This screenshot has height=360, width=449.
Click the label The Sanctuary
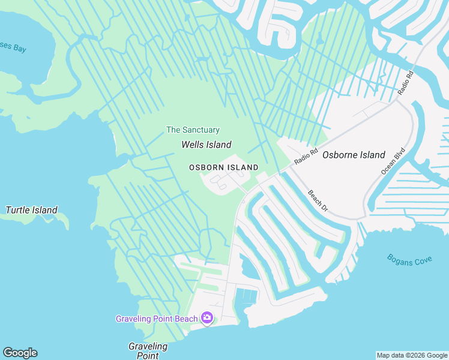[x=193, y=130]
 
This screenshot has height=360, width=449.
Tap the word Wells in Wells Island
[x=192, y=145]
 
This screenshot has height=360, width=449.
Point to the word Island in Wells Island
[x=218, y=145]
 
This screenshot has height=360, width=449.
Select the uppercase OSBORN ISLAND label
[x=224, y=167]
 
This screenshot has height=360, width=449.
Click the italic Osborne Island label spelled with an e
[x=354, y=155]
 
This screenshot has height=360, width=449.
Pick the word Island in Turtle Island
[x=46, y=210]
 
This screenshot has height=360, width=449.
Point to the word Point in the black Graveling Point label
[x=148, y=356]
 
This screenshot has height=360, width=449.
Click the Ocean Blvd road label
[x=393, y=161]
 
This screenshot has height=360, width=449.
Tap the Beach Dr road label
[x=318, y=200]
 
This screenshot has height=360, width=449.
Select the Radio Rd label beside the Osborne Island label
[x=306, y=158]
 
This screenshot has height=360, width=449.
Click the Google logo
[x=20, y=353]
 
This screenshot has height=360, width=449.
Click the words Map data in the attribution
[x=390, y=355]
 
